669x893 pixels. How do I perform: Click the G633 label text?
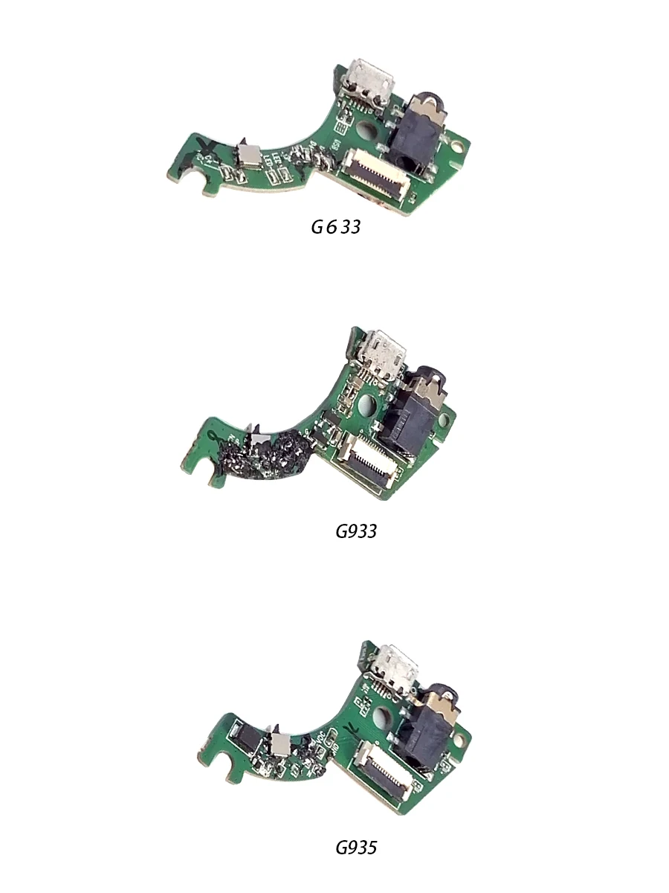[x=335, y=227]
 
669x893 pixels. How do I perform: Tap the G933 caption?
[x=356, y=531]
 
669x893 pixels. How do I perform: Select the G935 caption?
[x=356, y=847]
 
